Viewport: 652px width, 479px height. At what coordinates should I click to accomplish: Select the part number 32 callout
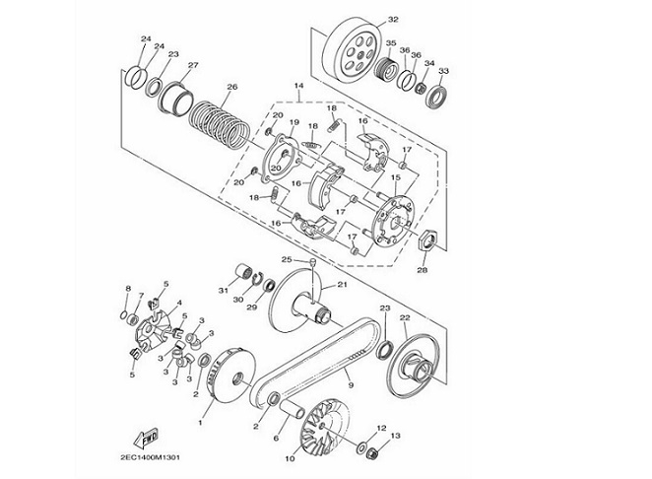pyautogui.click(x=393, y=20)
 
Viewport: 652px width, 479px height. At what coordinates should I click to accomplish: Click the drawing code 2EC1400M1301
pyautogui.click(x=150, y=457)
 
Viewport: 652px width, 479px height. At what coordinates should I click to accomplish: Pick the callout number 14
pyautogui.click(x=298, y=86)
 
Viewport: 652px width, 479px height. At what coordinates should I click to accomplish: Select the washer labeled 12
pyautogui.click(x=361, y=448)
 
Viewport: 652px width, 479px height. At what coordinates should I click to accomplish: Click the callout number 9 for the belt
pyautogui.click(x=351, y=385)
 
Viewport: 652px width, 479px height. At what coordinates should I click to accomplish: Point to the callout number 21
pyautogui.click(x=342, y=285)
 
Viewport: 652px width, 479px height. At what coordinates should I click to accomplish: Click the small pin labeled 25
pyautogui.click(x=312, y=262)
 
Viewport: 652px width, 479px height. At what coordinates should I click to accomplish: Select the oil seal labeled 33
pyautogui.click(x=436, y=97)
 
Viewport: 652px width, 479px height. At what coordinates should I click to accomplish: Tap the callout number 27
pyautogui.click(x=193, y=65)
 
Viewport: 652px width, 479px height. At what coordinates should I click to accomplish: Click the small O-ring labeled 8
pyautogui.click(x=123, y=315)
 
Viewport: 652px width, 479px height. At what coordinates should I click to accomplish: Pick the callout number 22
pyautogui.click(x=405, y=318)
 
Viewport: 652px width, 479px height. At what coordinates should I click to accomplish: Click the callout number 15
pyautogui.click(x=396, y=177)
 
